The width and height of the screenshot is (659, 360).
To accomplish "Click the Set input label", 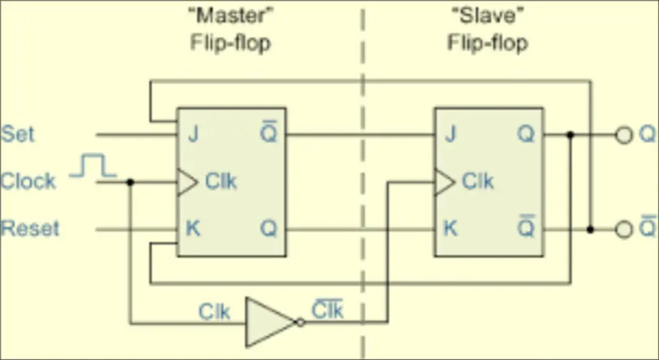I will [17, 134].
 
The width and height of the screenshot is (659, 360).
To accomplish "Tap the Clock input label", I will [28, 181].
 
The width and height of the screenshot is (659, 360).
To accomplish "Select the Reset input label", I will [30, 229].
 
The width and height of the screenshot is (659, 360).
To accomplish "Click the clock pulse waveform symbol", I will [93, 167].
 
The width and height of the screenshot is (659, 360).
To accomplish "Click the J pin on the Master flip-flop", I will [192, 134].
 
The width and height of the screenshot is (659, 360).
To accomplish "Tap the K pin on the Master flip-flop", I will [193, 229].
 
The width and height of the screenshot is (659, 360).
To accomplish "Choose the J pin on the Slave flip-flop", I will [450, 134].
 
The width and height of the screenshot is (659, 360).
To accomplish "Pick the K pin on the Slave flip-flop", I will [450, 229].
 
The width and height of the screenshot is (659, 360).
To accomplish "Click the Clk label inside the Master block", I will [221, 181].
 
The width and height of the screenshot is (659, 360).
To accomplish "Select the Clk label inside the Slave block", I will [478, 181].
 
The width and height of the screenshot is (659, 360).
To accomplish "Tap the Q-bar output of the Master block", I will [268, 133].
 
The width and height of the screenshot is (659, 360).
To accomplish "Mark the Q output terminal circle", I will [625, 134].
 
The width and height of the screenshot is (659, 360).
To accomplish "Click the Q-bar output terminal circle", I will [625, 229].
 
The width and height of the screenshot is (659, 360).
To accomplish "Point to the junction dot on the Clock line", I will [130, 182].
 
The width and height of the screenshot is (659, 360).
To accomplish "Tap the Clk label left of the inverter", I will [214, 313].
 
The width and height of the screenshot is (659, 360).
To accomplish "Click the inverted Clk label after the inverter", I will [327, 311].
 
